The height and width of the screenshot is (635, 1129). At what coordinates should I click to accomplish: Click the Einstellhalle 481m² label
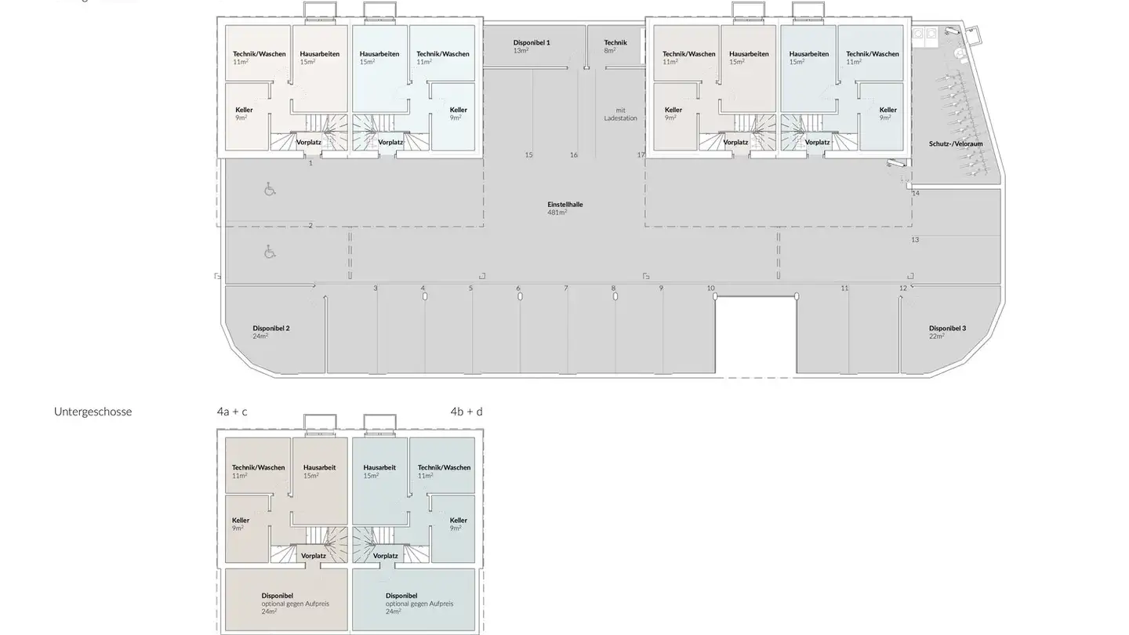[x=564, y=208]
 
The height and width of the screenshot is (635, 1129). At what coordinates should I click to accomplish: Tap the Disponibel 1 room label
[x=532, y=45]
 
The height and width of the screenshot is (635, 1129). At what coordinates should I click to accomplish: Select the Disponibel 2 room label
[x=271, y=332]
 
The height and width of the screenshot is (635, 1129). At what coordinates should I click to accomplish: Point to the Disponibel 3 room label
[x=947, y=332]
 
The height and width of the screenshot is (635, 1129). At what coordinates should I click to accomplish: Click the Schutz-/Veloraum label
[x=956, y=143]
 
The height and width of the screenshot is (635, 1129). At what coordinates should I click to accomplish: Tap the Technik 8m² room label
[x=615, y=45]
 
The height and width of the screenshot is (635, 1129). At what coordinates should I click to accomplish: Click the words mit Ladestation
[x=620, y=114]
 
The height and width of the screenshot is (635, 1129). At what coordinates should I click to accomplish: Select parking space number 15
[x=528, y=155]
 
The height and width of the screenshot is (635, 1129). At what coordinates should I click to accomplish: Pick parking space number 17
[x=641, y=155]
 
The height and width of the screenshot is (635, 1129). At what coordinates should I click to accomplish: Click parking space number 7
[x=565, y=288]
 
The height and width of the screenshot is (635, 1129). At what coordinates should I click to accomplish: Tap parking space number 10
[x=710, y=288]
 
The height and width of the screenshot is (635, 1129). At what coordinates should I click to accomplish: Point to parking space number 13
[x=915, y=240]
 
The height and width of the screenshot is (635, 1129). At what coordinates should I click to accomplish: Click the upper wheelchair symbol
[x=270, y=189]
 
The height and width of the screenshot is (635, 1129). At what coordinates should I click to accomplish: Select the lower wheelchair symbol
[x=270, y=252]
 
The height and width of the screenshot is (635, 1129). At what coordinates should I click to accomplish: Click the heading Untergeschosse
[x=93, y=412]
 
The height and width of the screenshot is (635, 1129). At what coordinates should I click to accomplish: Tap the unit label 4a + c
[x=232, y=412]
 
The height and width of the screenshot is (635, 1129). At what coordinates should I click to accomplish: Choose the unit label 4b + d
[x=466, y=412]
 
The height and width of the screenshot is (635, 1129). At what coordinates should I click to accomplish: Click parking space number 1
[x=310, y=163]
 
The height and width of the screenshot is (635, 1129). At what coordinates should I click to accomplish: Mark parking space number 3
[x=375, y=288]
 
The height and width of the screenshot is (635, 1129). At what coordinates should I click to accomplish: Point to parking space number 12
[x=902, y=288]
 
